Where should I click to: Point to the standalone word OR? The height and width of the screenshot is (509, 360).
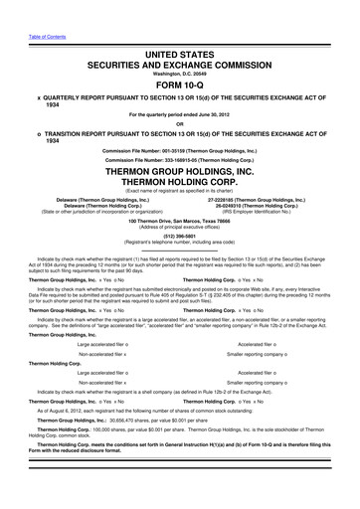180,123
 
